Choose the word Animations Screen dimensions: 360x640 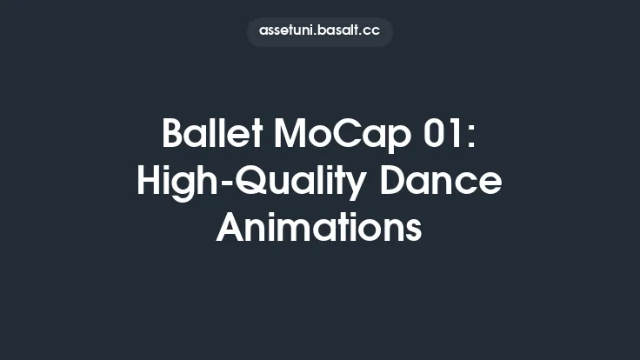[320, 228]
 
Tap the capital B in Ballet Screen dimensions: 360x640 [173, 136]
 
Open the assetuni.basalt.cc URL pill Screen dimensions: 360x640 [320, 31]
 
